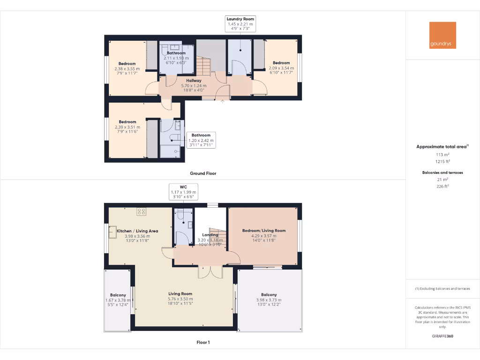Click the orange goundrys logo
tap(442, 35)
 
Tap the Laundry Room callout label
tap(240, 23)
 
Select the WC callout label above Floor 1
tap(183, 192)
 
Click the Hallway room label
tap(194, 81)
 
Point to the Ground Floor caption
tap(203, 173)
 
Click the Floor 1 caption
tap(203, 343)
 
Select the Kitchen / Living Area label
tap(137, 231)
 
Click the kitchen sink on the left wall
tap(113, 232)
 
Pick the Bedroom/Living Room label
tap(264, 231)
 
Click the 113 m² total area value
tap(442, 154)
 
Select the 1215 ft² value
tap(442, 161)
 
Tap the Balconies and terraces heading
tap(442, 172)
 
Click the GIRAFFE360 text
tap(442, 336)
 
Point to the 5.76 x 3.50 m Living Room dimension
tap(180, 299)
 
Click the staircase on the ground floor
tap(203, 66)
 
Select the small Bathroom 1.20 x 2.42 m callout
tap(201, 140)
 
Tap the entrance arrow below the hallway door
tap(223, 99)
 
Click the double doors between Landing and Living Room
tap(210, 272)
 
